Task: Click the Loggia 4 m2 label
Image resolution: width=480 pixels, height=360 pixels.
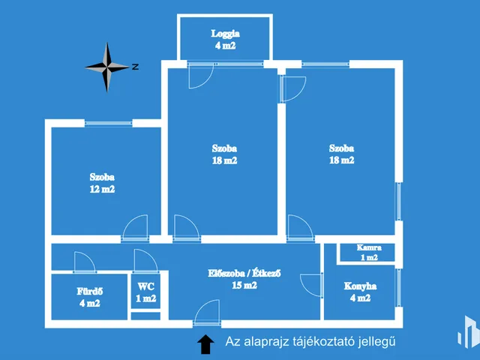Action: [225, 40]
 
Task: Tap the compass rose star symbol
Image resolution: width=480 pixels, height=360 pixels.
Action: [107, 67]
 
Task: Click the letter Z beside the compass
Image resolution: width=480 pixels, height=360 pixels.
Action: [135, 67]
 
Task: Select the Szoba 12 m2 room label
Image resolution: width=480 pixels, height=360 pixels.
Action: [102, 183]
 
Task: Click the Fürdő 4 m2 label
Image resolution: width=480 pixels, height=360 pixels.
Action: [90, 297]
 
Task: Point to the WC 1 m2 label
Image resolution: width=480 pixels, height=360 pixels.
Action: [146, 292]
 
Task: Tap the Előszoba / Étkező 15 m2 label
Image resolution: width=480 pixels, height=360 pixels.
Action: [244, 279]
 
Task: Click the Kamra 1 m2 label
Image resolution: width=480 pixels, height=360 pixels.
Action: [369, 253]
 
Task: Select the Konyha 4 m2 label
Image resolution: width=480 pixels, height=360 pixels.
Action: [360, 292]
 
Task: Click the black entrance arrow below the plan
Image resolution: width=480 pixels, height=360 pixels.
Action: [205, 344]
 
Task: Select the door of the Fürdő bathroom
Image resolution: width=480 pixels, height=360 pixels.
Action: [85, 262]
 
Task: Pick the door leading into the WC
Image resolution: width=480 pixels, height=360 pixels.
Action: [145, 261]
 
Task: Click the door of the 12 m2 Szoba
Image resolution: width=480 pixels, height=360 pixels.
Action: [136, 227]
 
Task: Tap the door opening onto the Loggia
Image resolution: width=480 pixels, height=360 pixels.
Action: [200, 76]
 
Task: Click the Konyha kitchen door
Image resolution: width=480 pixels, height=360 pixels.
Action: [312, 285]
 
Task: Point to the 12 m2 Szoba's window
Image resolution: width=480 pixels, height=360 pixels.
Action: [108, 123]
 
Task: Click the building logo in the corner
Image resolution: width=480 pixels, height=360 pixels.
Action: [469, 332]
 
